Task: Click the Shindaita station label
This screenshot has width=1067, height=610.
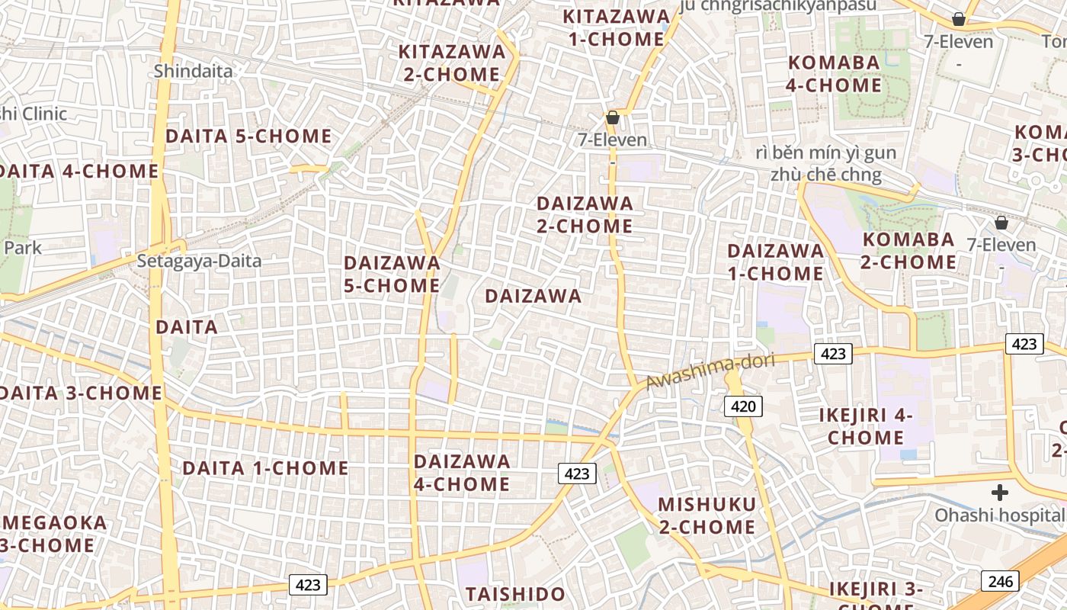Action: pyautogui.click(x=193, y=71)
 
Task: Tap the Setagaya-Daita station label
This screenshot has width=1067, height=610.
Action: pyautogui.click(x=199, y=261)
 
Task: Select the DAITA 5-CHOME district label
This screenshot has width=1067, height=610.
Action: pyautogui.click(x=248, y=136)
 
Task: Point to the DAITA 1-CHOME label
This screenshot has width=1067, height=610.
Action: pyautogui.click(x=265, y=468)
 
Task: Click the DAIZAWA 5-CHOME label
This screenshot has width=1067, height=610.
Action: pyautogui.click(x=392, y=274)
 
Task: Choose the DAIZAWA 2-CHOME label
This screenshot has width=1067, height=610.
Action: pyautogui.click(x=585, y=215)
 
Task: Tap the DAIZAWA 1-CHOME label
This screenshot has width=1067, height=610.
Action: pyautogui.click(x=775, y=262)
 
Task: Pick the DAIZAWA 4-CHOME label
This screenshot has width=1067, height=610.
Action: pyautogui.click(x=462, y=473)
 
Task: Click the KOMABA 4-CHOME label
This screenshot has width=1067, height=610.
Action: pyautogui.click(x=834, y=74)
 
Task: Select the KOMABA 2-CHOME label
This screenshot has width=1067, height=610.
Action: pyautogui.click(x=908, y=251)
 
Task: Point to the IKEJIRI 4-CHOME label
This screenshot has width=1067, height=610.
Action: pyautogui.click(x=866, y=426)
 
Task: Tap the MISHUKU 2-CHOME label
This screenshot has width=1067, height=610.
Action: pyautogui.click(x=707, y=515)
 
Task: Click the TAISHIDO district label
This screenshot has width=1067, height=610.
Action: pyautogui.click(x=515, y=594)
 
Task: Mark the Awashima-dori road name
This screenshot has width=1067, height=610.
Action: pyautogui.click(x=710, y=371)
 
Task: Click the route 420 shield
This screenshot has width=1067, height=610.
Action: pyautogui.click(x=742, y=406)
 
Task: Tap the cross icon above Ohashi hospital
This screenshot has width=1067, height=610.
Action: pyautogui.click(x=999, y=493)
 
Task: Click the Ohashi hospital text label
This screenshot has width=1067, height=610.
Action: pyautogui.click(x=998, y=515)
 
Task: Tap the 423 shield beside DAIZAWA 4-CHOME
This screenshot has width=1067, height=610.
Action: pyautogui.click(x=576, y=474)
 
